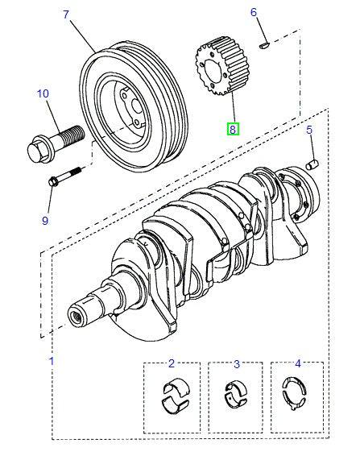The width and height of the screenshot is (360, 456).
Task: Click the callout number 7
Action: pos(65,15)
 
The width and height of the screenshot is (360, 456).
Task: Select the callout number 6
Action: pos(253,12)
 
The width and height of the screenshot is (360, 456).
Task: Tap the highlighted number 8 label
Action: pos(232,128)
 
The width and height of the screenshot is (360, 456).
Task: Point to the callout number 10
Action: pos(43,94)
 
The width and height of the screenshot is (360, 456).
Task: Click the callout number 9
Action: pos(45,220)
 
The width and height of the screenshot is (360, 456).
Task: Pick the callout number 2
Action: pos(172,364)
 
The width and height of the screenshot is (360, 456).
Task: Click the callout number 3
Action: pos(237,364)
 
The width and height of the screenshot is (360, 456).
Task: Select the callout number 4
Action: pos(298,364)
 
